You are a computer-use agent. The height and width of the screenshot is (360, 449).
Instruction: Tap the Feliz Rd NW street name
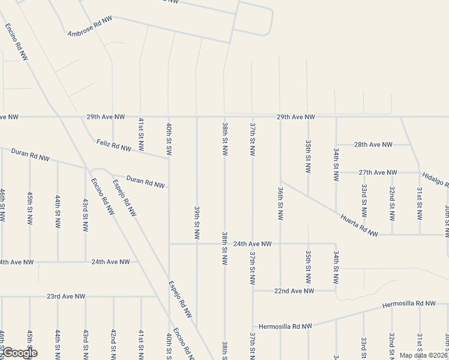tap(113, 145)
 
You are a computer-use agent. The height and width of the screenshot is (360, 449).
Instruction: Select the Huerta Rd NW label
tap(359, 224)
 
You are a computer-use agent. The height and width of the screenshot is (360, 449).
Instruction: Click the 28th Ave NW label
tap(373, 145)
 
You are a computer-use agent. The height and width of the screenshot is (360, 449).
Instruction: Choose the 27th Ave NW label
tap(378, 172)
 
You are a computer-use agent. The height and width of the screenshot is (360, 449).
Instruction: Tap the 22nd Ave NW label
tap(294, 290)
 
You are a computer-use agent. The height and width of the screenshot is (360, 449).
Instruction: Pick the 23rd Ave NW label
tap(66, 296)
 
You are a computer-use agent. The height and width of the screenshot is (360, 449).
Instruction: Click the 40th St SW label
tap(169, 138)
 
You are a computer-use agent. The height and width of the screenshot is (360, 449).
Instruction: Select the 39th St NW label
tap(197, 223)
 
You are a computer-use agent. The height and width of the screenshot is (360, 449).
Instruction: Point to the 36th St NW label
tap(280, 203)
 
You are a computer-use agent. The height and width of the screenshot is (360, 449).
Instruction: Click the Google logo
tap(19, 352)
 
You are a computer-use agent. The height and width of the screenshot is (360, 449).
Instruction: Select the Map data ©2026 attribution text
tap(423, 355)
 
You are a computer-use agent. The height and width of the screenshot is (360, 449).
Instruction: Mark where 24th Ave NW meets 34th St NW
tap(336, 244)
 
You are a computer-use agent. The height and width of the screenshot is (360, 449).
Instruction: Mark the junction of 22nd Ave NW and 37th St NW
tap(253, 290)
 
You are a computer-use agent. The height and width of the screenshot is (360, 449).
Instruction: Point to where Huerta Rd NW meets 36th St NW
tap(280, 181)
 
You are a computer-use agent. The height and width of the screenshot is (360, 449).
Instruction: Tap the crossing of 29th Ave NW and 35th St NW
tap(307, 116)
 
